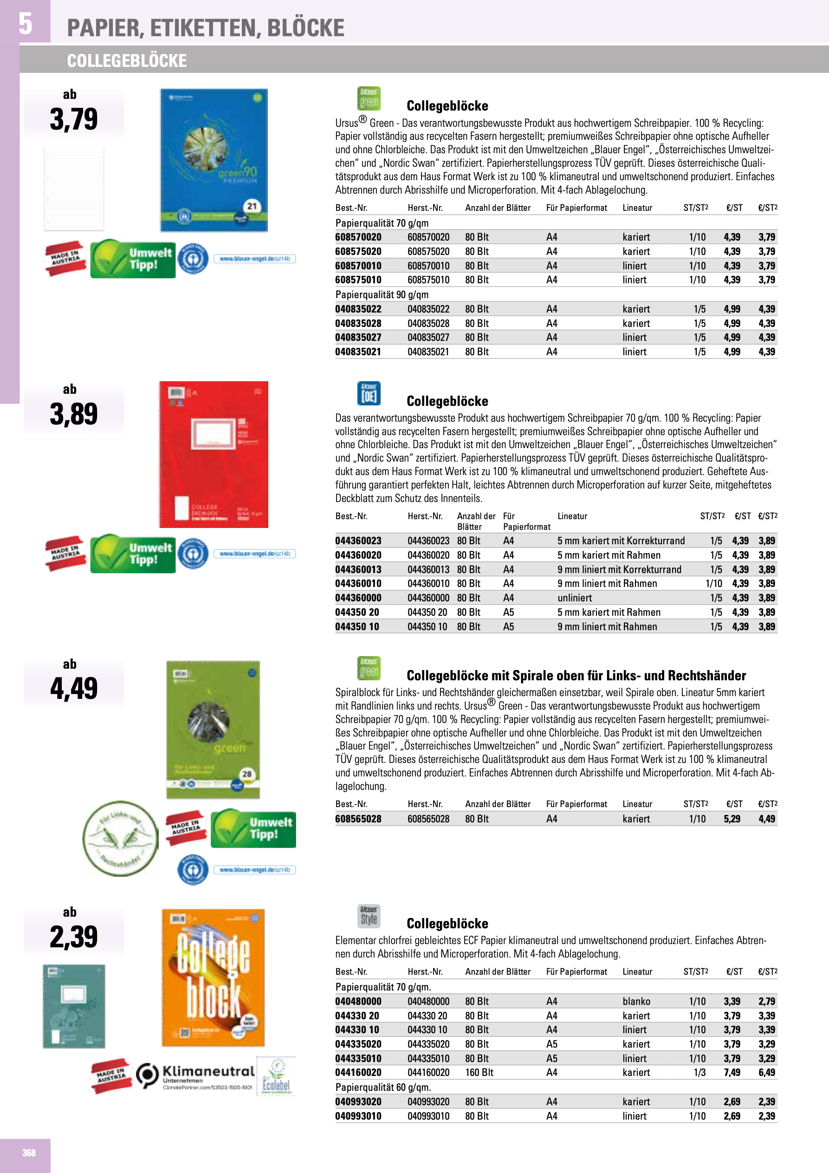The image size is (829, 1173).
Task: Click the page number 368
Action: coord(29,1153)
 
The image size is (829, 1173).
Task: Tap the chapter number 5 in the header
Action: coord(25,24)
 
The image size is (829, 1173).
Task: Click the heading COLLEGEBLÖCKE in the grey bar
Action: coord(127,61)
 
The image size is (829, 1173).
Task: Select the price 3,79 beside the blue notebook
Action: coord(73,119)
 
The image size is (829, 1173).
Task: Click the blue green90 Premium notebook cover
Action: coord(214,160)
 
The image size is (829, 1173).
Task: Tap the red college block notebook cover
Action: coord(214,454)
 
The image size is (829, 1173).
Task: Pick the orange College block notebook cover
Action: coord(213,977)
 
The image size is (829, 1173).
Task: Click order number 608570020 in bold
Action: coord(358,237)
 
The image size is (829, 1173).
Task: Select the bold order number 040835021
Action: coord(358,352)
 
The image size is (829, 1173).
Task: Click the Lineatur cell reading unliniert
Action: coord(575,598)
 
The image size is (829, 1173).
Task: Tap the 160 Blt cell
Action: coord(479,1072)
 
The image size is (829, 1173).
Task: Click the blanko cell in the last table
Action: coord(636,1001)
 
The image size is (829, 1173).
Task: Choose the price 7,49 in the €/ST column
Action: coord(732,1072)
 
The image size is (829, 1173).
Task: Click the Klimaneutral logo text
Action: coord(208,1071)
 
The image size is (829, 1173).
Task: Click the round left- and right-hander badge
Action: coord(121,838)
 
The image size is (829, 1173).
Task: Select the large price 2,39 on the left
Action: coord(73,937)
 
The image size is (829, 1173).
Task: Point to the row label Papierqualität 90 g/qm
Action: coord(382,295)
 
